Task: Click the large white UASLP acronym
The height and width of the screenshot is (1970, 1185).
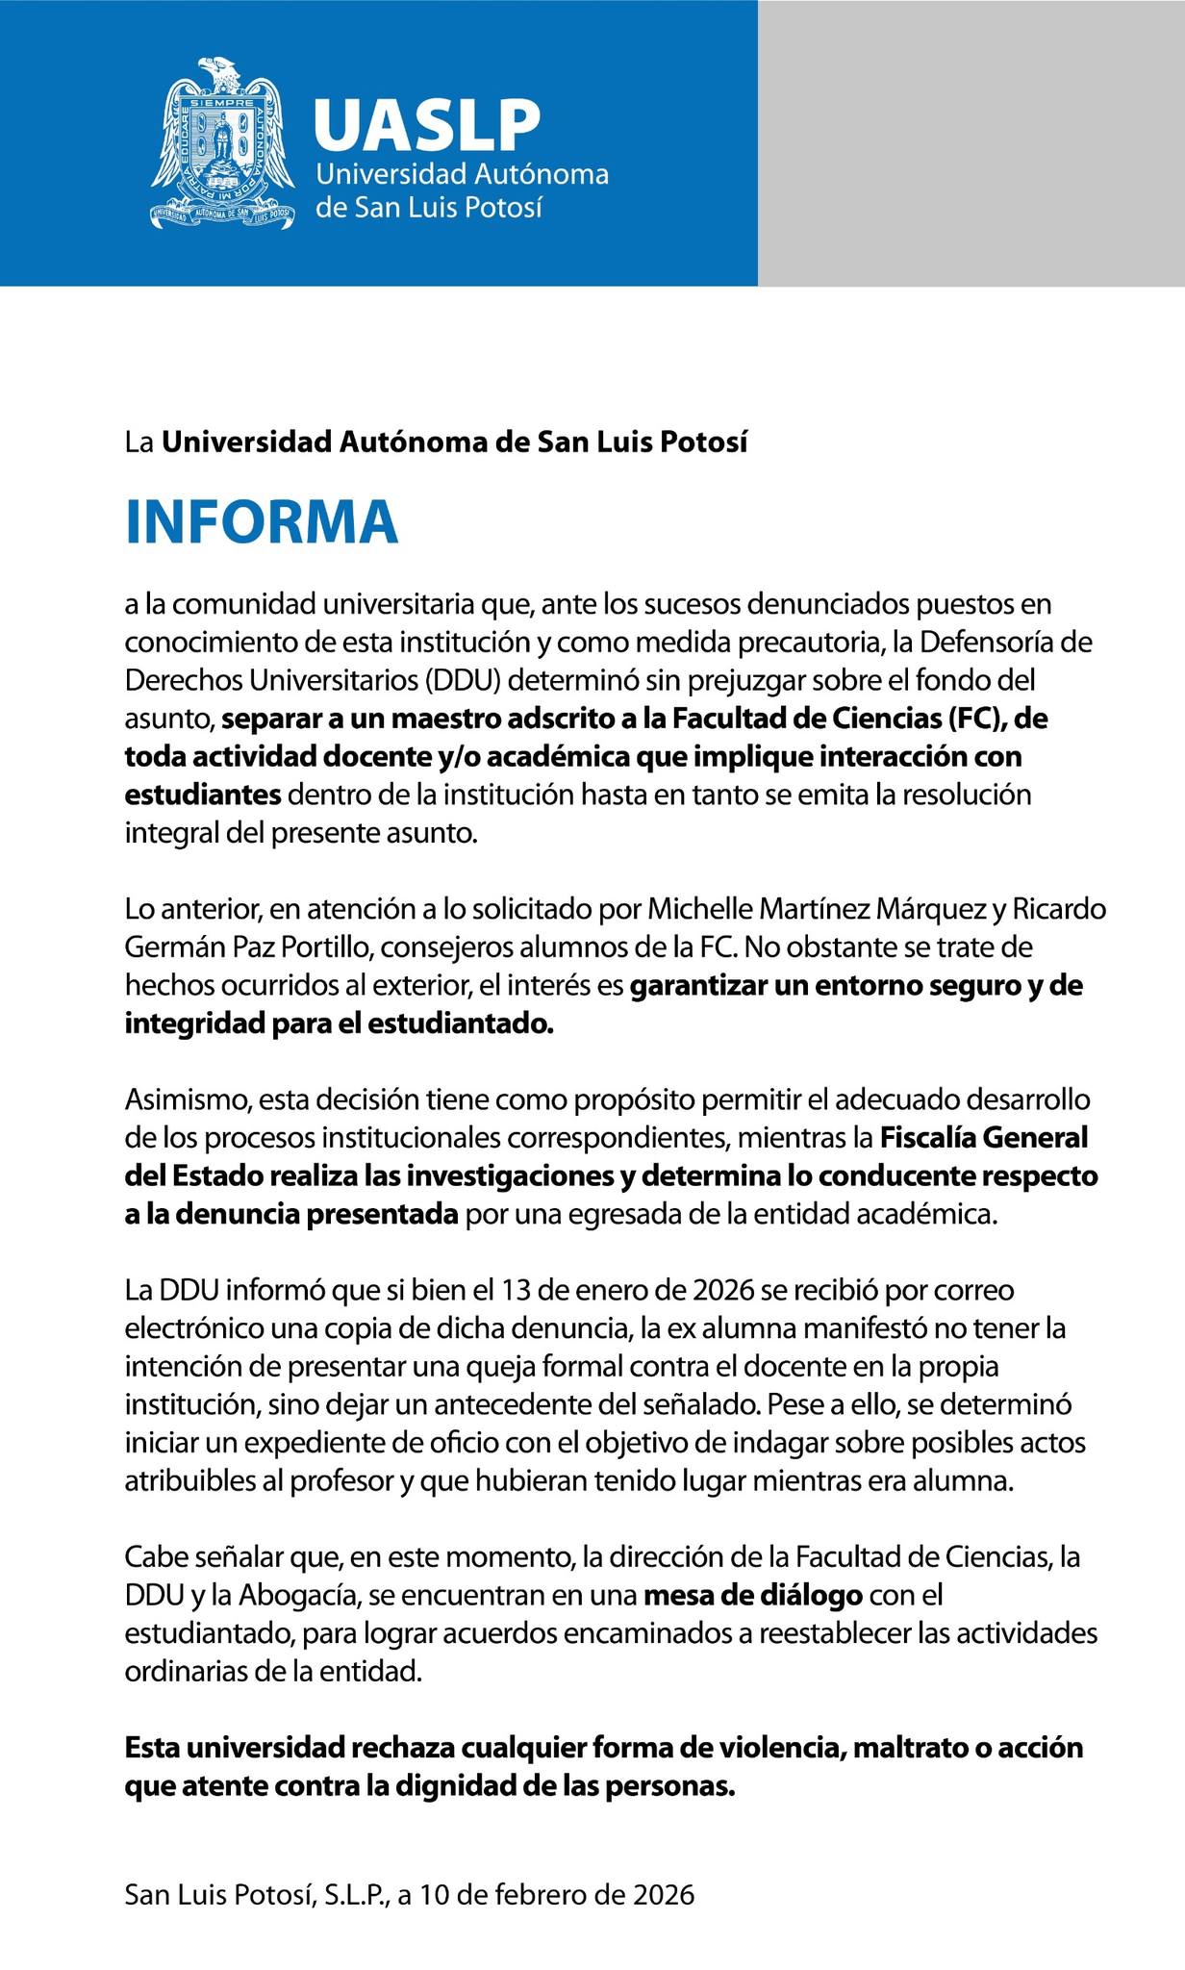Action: (x=426, y=126)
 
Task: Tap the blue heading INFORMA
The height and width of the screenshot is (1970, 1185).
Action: (x=262, y=522)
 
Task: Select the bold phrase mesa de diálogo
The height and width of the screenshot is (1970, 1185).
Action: (x=753, y=1596)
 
